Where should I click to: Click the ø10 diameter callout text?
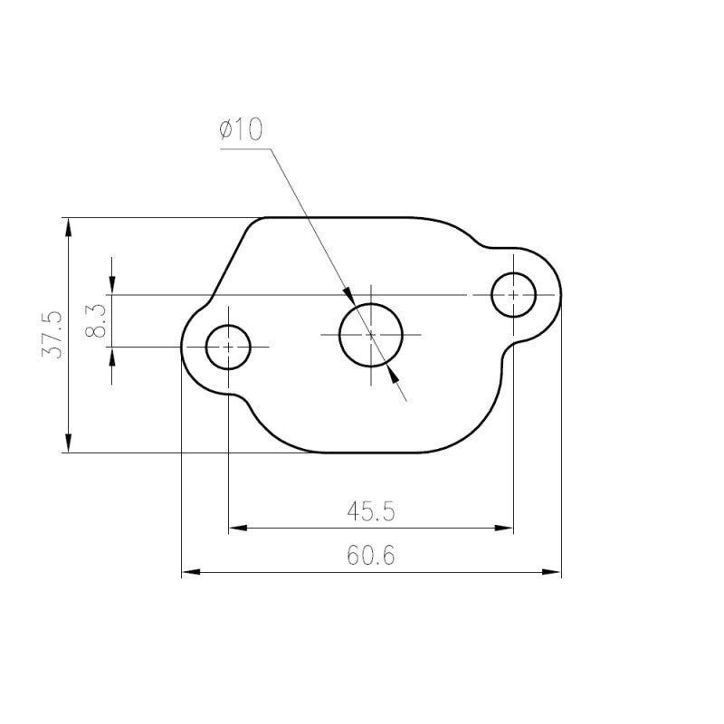click(x=240, y=130)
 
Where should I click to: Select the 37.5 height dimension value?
click(x=52, y=334)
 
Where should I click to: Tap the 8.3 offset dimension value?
click(x=97, y=320)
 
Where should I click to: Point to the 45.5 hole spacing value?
click(x=371, y=511)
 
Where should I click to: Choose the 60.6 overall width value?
click(x=371, y=556)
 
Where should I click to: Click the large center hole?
click(x=371, y=334)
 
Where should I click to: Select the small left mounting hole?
click(x=229, y=347)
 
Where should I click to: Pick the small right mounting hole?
click(x=514, y=295)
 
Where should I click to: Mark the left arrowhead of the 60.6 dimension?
click(x=190, y=572)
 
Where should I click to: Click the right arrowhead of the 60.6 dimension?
click(x=553, y=572)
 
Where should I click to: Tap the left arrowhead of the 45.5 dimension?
click(x=237, y=526)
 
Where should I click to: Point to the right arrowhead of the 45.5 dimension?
click(x=505, y=526)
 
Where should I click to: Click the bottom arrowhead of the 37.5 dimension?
click(x=68, y=443)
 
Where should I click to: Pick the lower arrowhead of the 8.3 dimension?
click(x=111, y=355)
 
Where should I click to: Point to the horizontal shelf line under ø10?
click(x=244, y=150)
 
